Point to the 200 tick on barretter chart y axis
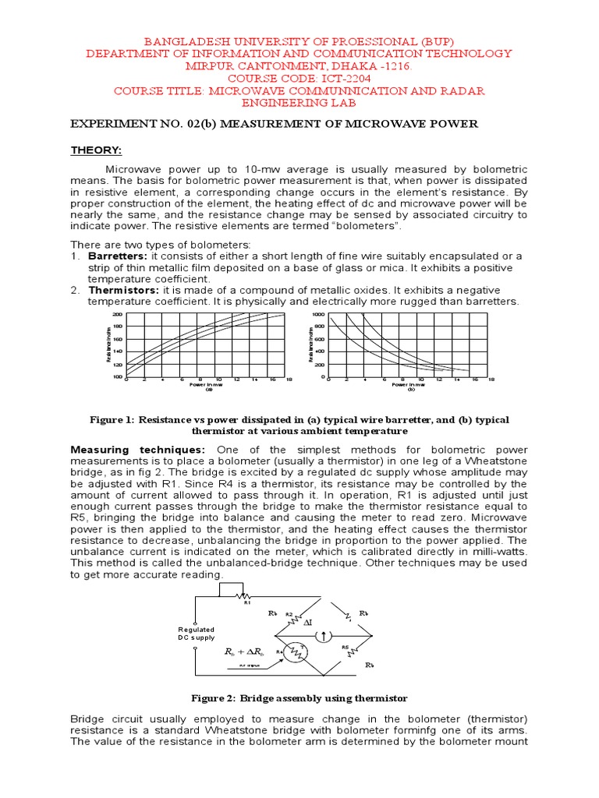click(118, 314)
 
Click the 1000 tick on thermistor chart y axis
click(317, 314)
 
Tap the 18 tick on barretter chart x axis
click(289, 381)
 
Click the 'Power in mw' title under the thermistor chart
click(408, 385)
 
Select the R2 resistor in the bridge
click(289, 620)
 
